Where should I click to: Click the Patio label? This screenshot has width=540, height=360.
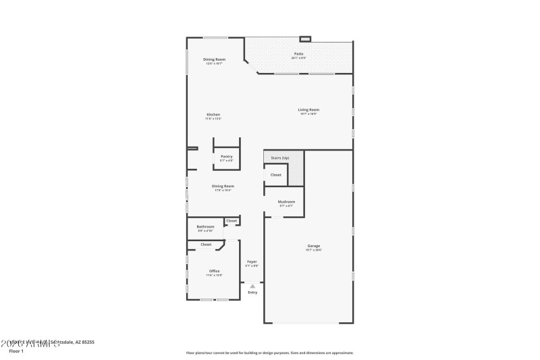298,53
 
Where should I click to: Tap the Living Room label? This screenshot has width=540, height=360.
309,109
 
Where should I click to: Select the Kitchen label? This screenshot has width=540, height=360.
213,115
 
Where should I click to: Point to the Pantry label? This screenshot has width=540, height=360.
226,156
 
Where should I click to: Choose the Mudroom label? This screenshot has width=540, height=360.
286,201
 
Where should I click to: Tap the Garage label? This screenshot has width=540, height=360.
314,245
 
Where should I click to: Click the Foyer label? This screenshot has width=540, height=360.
252,261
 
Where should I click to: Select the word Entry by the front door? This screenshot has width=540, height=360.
252,292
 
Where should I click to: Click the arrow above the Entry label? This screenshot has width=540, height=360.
252,286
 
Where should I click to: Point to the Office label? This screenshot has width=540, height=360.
214,271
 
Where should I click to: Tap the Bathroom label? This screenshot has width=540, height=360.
205,226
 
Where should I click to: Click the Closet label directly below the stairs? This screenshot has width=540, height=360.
276,174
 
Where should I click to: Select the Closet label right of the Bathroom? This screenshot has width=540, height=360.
232,221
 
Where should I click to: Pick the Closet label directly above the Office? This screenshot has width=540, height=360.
206,245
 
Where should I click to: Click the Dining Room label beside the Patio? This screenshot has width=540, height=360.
215,59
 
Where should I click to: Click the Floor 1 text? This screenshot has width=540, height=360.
16,351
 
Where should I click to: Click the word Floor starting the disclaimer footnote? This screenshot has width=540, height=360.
191,353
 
